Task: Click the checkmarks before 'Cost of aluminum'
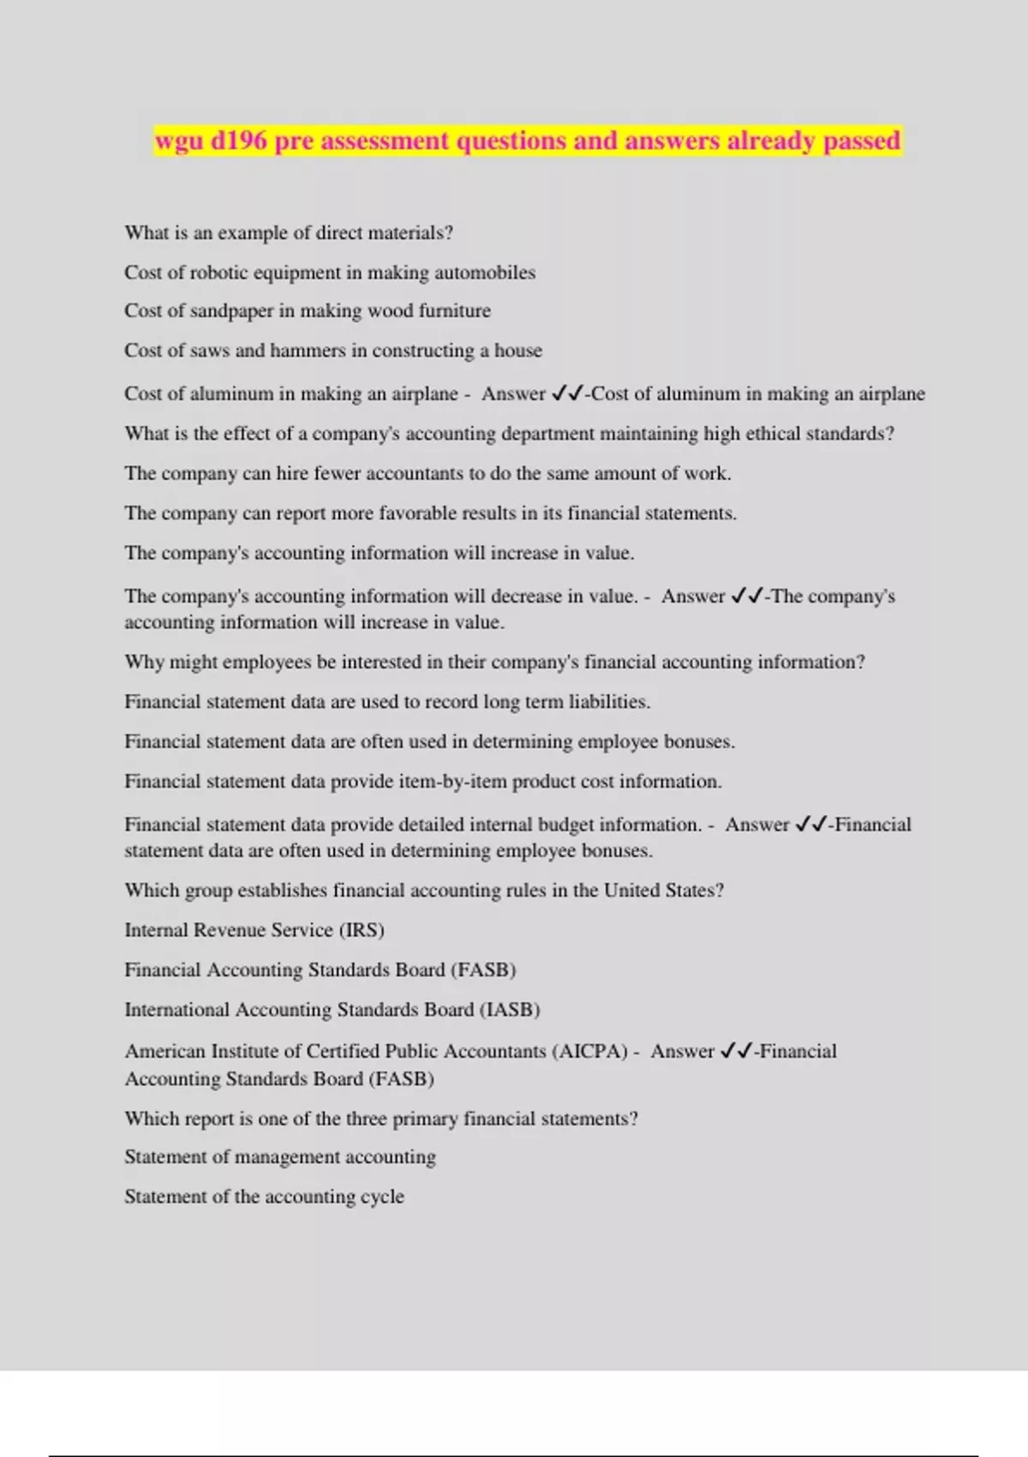pos(567,393)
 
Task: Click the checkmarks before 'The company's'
pos(747,597)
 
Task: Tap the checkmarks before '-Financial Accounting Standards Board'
pos(737,1052)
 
